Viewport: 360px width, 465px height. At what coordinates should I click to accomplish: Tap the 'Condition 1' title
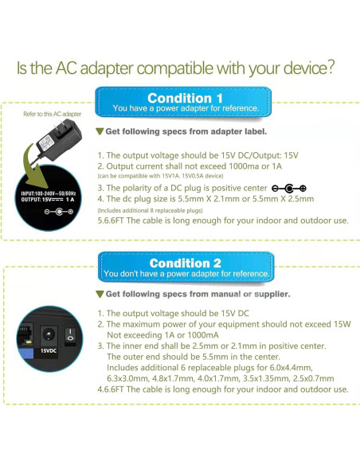[185, 98]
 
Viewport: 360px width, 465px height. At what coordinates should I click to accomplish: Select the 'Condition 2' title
[185, 263]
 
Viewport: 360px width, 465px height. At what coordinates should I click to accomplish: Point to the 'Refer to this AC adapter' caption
[53, 115]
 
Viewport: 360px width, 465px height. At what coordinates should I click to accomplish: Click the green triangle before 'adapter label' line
[100, 131]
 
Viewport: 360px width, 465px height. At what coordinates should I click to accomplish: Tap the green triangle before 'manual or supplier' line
[100, 294]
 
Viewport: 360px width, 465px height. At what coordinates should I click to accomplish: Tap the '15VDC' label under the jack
[49, 350]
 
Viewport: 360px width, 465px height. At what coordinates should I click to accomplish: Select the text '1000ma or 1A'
[251, 166]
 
